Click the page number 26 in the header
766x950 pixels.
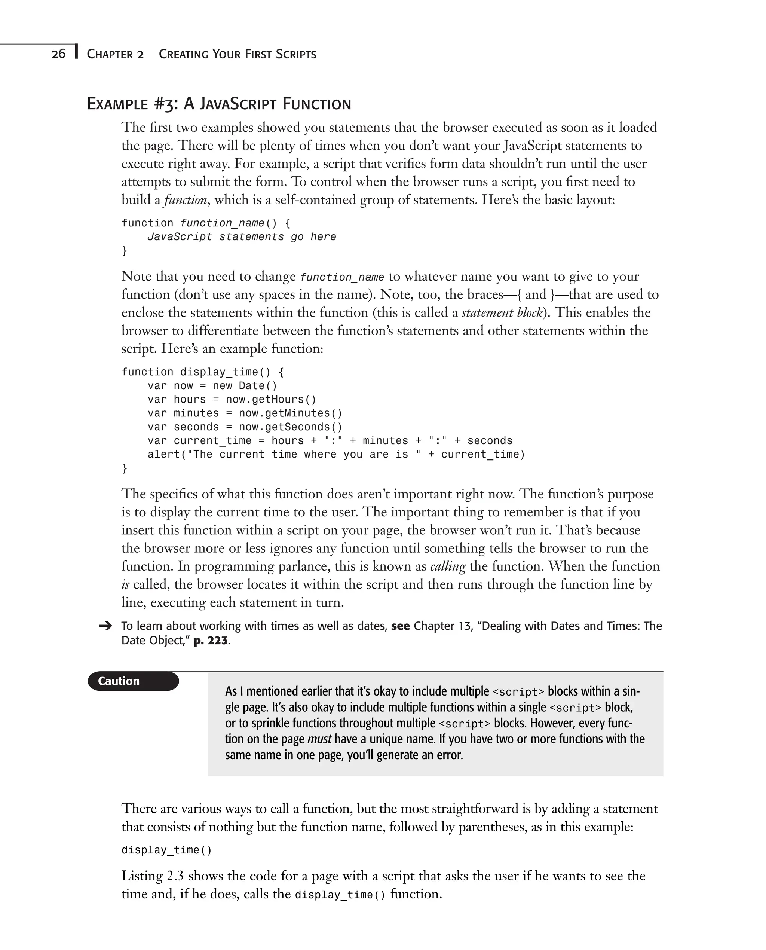[58, 54]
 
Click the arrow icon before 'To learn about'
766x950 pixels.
[105, 626]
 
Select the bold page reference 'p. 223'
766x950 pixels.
[211, 641]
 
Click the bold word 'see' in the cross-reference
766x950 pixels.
[400, 626]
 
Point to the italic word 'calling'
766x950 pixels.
[447, 566]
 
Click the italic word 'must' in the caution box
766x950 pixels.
[319, 739]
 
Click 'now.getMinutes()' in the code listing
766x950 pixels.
[290, 413]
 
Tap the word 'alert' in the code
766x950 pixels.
[164, 454]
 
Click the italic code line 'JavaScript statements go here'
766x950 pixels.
[241, 237]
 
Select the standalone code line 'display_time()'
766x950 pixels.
[166, 850]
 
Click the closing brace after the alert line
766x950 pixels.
[125, 468]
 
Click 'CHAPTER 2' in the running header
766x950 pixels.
[115, 54]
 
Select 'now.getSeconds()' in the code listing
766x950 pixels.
[290, 427]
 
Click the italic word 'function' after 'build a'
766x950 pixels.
[185, 200]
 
